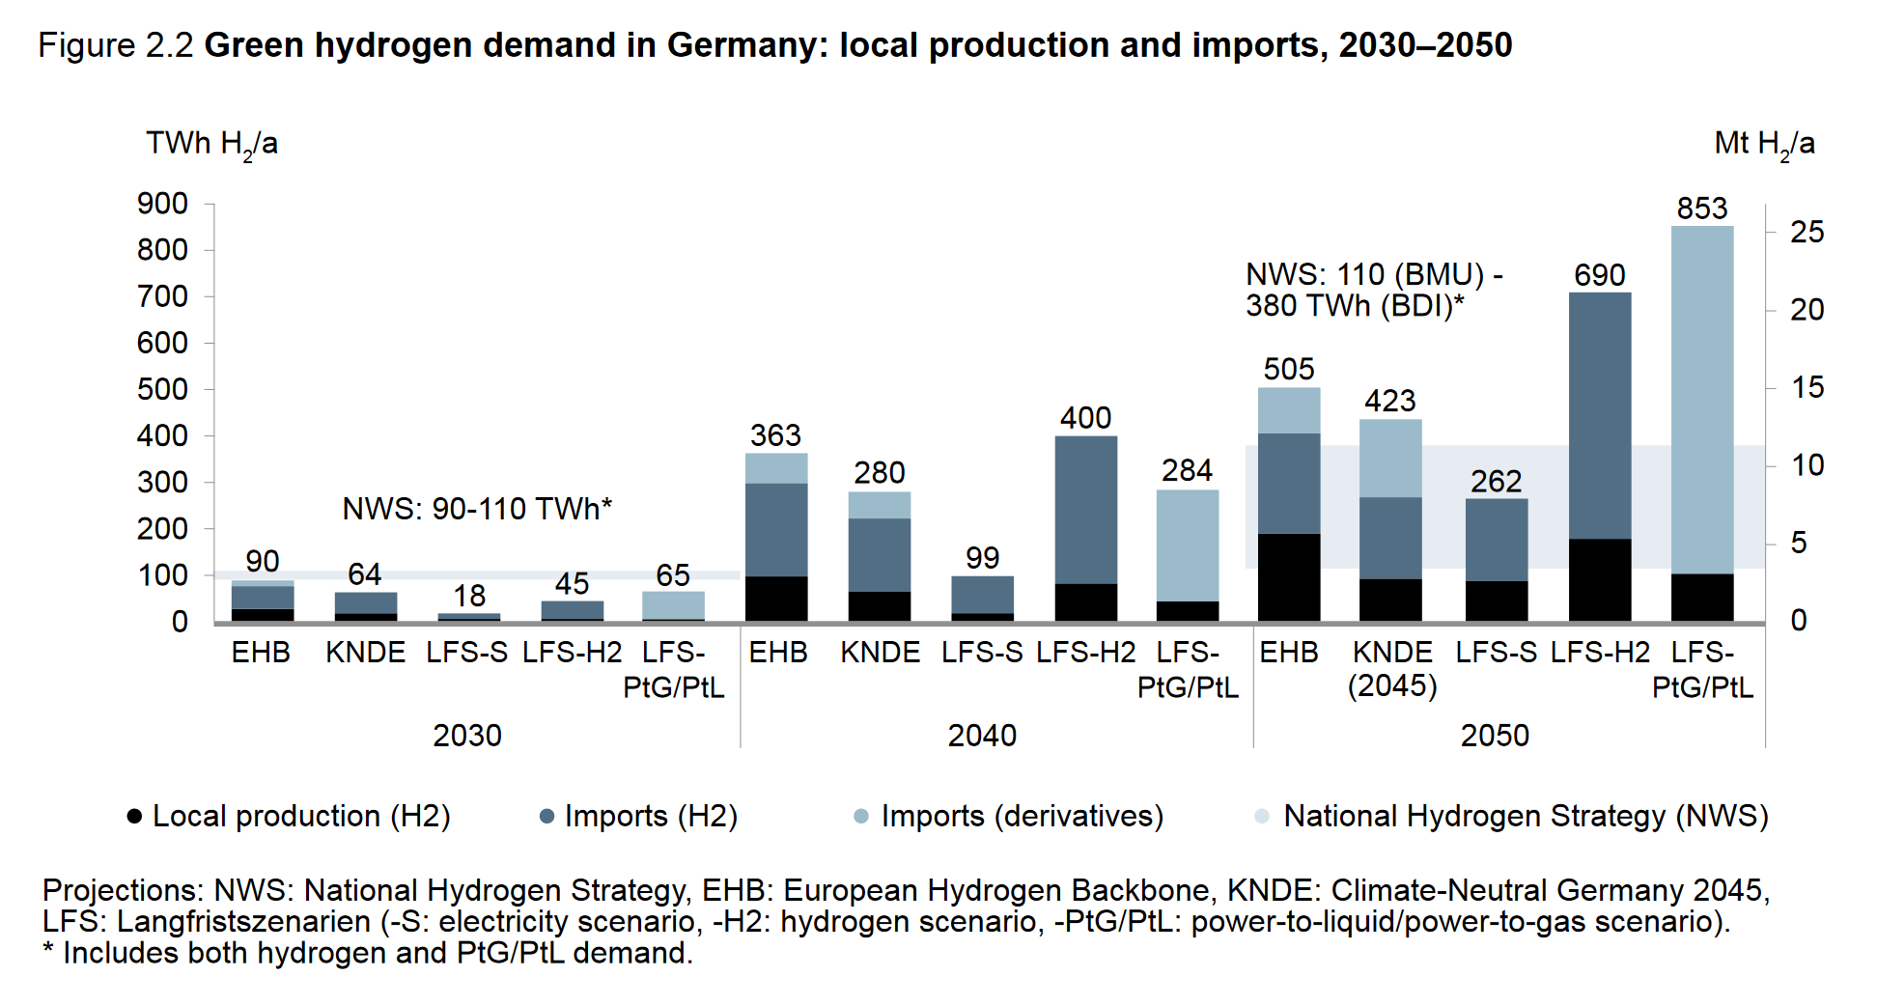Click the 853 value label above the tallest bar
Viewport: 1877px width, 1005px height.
click(x=1701, y=209)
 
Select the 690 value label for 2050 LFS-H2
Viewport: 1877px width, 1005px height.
click(x=1599, y=275)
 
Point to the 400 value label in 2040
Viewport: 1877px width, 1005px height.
click(x=1085, y=418)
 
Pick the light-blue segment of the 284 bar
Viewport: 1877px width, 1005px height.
click(x=1187, y=545)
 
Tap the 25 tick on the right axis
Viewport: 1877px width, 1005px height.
click(x=1807, y=233)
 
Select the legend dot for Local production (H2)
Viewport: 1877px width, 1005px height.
click(x=135, y=817)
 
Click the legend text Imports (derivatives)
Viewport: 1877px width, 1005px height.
click(x=1022, y=817)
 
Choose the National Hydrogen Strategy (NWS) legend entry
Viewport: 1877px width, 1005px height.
click(x=1525, y=817)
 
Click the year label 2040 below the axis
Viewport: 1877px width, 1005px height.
click(x=982, y=736)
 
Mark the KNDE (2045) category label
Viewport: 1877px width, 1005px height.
click(x=1391, y=669)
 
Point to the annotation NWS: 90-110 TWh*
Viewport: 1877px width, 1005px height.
click(x=477, y=509)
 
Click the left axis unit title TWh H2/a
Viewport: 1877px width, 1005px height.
click(x=211, y=144)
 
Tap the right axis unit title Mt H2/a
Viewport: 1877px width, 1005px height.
click(x=1763, y=144)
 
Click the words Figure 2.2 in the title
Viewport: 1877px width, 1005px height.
click(x=116, y=45)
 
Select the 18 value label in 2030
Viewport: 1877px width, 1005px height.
click(x=469, y=596)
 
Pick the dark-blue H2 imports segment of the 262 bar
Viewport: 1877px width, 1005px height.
click(x=1496, y=540)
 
